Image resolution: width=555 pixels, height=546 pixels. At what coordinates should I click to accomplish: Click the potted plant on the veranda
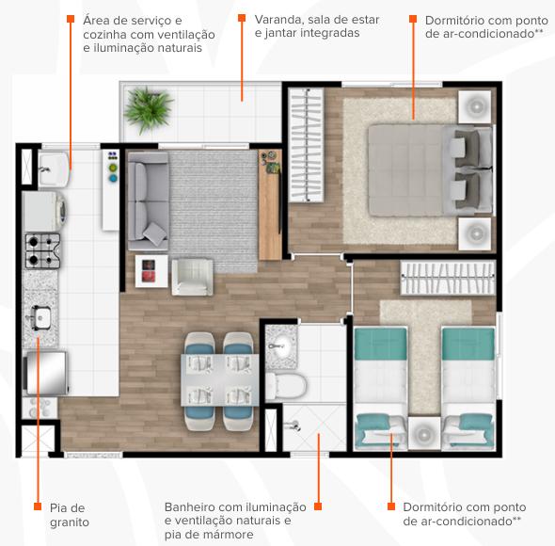[x=148, y=109]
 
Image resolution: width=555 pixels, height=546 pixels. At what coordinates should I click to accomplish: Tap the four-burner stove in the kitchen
[x=43, y=250]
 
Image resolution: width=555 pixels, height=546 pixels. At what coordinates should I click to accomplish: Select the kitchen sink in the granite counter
[x=40, y=317]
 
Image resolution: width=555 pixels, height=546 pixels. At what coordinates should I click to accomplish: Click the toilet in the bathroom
[x=286, y=385]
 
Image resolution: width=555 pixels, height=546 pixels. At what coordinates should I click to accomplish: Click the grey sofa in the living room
[x=148, y=201]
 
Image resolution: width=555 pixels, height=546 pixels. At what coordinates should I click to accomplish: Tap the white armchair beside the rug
[x=193, y=277]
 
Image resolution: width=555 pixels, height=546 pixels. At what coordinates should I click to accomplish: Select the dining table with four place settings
[x=220, y=379]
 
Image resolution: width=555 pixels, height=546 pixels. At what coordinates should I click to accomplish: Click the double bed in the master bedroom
[x=431, y=170]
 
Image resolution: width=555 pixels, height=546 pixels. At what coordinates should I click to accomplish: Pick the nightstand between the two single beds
[x=424, y=433]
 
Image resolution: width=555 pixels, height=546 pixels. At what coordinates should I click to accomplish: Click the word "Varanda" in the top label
[x=278, y=20]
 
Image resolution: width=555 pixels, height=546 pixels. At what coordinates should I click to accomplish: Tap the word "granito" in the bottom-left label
[x=70, y=522]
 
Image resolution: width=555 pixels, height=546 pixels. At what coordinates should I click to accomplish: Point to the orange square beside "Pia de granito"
[x=38, y=506]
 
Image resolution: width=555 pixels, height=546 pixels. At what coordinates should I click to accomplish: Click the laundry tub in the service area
[x=54, y=169]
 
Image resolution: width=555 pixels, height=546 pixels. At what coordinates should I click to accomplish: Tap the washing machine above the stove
[x=44, y=212]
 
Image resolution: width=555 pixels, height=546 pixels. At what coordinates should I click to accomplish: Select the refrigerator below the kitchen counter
[x=45, y=373]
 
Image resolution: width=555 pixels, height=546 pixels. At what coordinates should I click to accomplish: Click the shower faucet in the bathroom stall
[x=293, y=426]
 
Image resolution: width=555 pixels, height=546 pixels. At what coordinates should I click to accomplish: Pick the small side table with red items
[x=151, y=271]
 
